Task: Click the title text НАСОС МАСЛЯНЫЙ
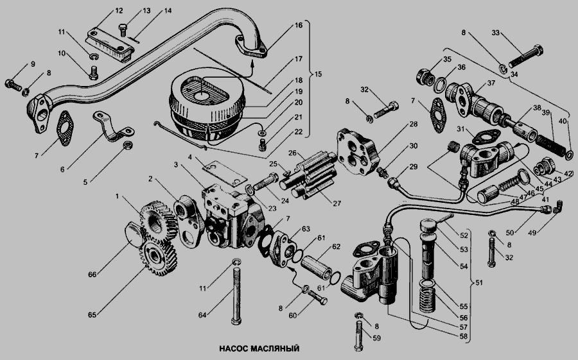(259, 348)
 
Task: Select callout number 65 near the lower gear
(92, 315)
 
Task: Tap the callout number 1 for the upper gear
(118, 196)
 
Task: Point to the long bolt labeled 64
(236, 292)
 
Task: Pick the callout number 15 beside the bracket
(318, 74)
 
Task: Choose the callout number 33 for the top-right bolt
(495, 33)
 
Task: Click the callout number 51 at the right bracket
(478, 282)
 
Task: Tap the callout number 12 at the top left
(119, 11)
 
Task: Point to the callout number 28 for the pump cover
(414, 124)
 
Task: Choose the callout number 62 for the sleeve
(336, 246)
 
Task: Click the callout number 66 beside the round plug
(92, 275)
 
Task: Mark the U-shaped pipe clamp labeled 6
(113, 127)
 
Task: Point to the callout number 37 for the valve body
(491, 83)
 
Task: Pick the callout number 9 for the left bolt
(33, 64)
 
